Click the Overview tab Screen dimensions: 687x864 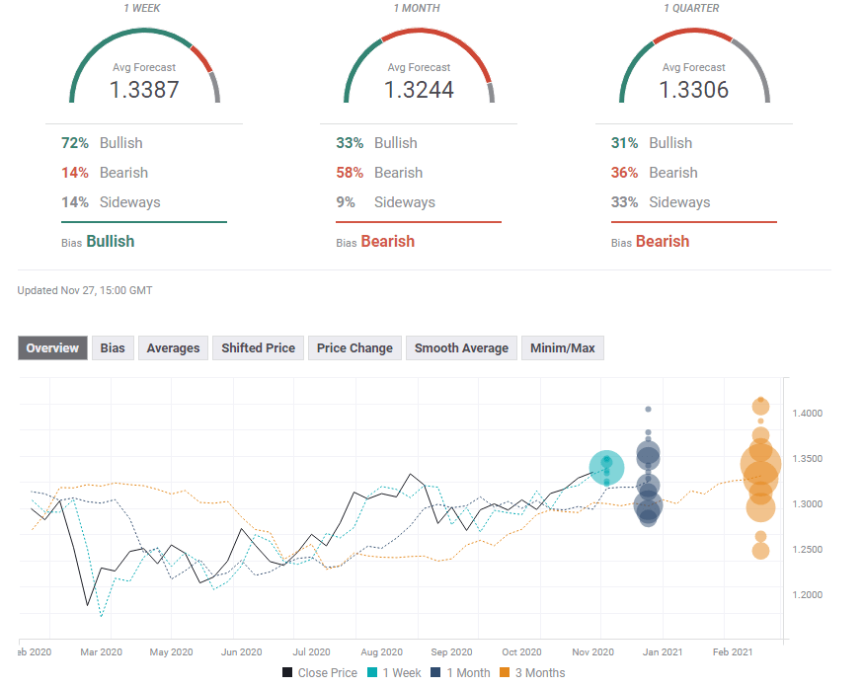53,348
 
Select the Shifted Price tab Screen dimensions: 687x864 258,348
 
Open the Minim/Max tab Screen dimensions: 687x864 562,348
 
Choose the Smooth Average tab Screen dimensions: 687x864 461,348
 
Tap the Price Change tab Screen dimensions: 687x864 354,348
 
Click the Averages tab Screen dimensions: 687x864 173,348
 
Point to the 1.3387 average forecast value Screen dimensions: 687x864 143,90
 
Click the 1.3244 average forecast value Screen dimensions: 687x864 418,90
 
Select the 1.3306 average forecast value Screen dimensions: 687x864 693,90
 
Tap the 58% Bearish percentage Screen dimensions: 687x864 350,173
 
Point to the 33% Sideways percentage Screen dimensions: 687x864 624,202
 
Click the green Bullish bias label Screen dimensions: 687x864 110,242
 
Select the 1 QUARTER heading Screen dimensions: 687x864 691,9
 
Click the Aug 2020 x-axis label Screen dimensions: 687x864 381,652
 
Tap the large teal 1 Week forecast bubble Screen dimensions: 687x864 606,469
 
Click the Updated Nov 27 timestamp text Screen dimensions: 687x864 85,291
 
